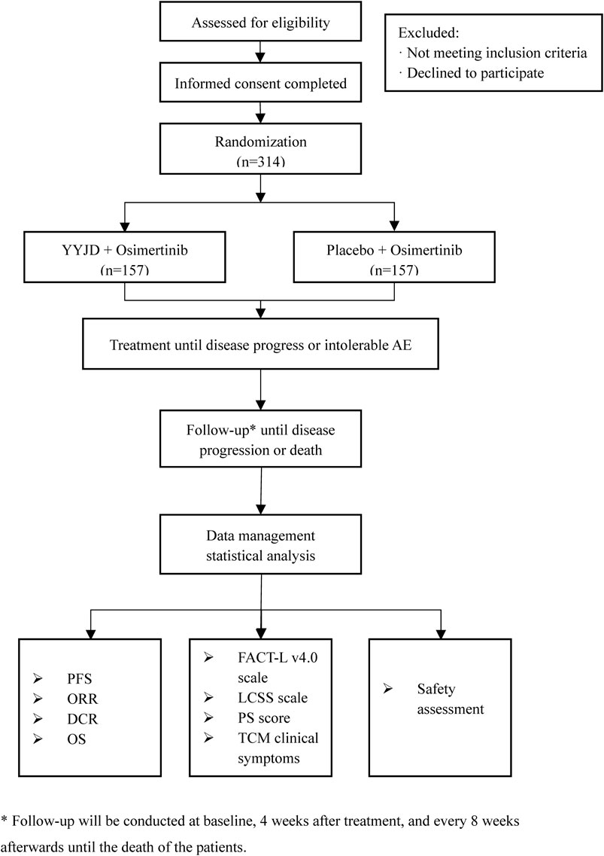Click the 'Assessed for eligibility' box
point(260,21)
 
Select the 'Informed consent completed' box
point(260,82)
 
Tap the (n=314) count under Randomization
point(261,161)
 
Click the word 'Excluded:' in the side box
point(428,33)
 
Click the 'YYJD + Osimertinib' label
point(124,250)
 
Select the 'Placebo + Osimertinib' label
point(394,250)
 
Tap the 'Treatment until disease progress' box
point(260,345)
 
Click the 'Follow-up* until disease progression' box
point(260,439)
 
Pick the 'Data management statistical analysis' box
point(260,544)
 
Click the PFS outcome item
point(79,678)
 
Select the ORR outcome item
point(82,699)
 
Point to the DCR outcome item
point(83,719)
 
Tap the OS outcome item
point(77,739)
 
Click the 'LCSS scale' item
point(272,698)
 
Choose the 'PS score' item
point(263,718)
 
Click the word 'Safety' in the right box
point(436,690)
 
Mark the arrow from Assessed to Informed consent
point(260,52)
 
